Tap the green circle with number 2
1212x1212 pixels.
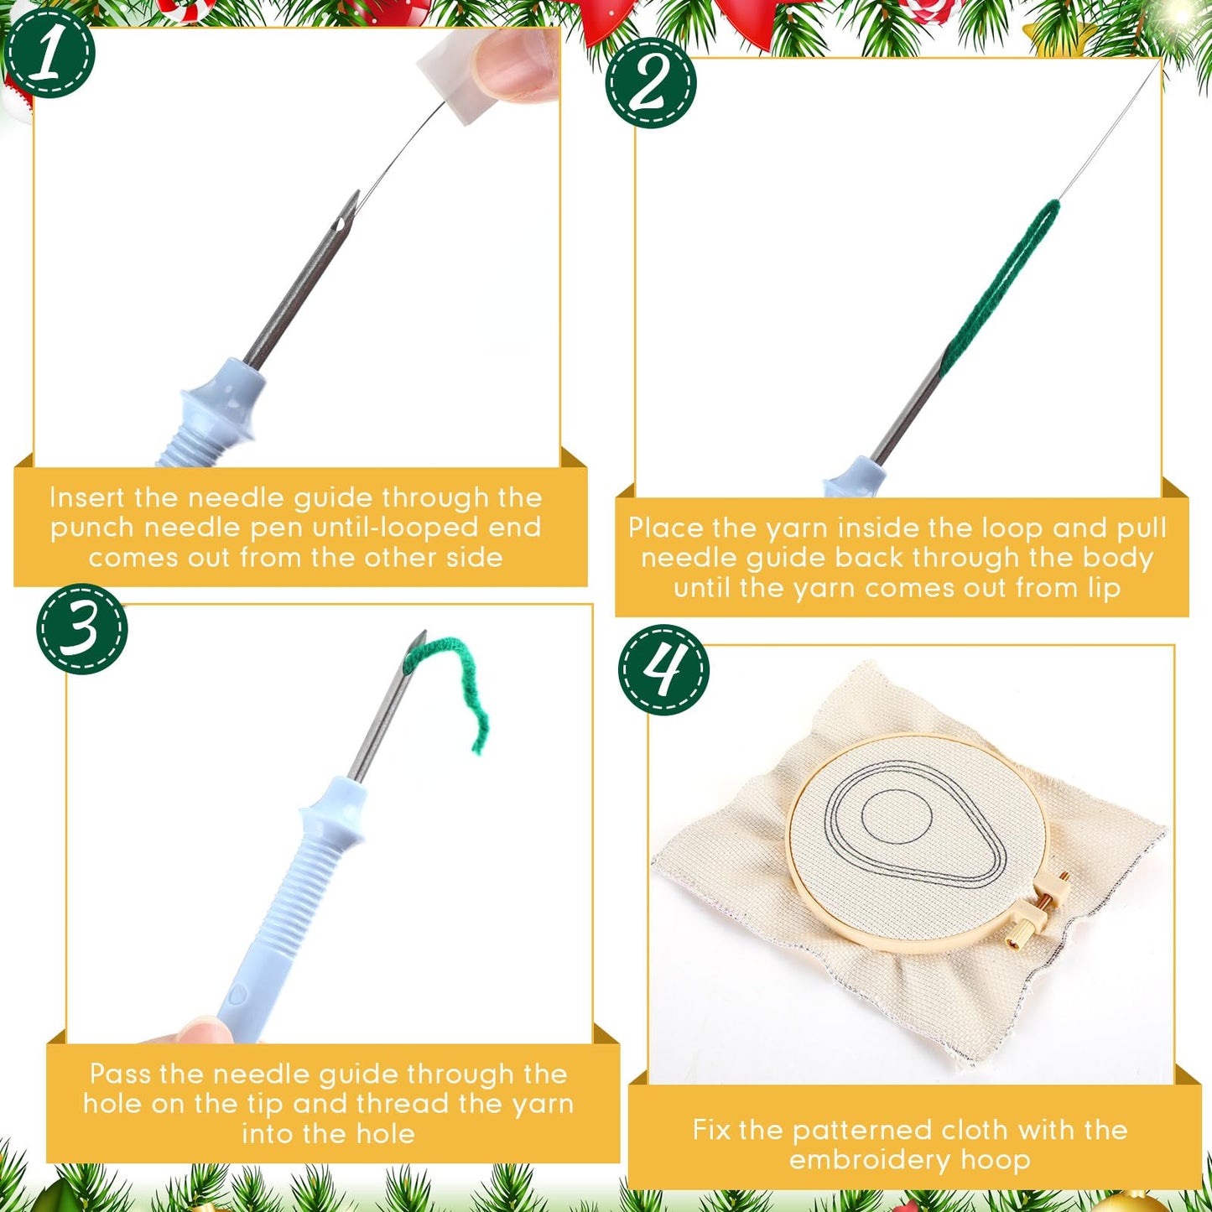(651, 82)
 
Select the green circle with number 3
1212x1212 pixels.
(81, 629)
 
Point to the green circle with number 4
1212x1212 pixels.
(663, 670)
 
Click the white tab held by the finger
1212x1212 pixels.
(453, 75)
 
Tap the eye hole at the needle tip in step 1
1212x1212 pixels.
(341, 225)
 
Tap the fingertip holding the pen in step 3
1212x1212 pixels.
(201, 1030)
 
